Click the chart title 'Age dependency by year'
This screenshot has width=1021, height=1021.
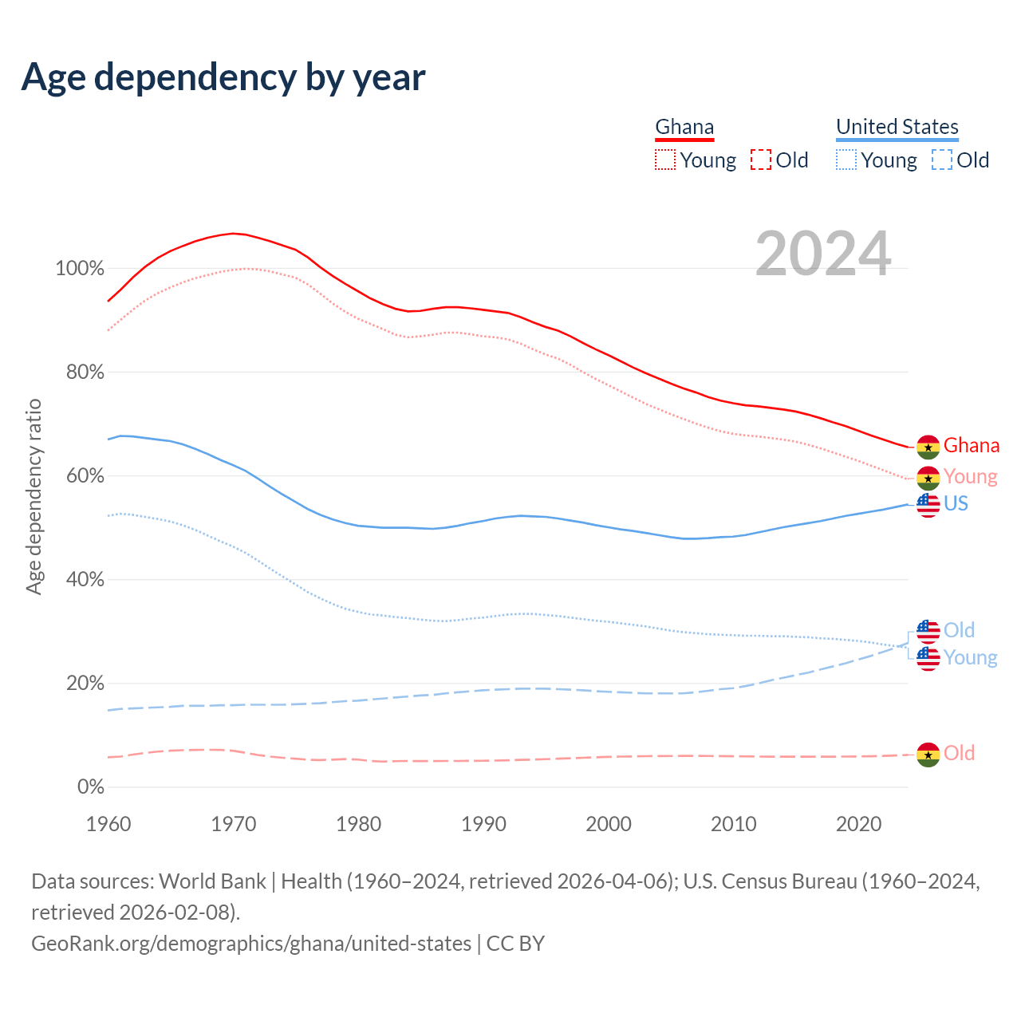(x=223, y=77)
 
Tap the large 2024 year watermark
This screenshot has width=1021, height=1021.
(x=823, y=254)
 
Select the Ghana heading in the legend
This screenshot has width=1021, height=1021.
(x=684, y=127)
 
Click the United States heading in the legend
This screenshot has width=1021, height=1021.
(x=897, y=127)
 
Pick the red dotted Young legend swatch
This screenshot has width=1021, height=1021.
(x=664, y=160)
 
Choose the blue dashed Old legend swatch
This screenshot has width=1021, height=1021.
(x=941, y=160)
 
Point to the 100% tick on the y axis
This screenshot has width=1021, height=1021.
(x=80, y=269)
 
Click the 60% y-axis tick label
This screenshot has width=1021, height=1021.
(x=80, y=476)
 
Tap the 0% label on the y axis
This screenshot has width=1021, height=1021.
(x=91, y=787)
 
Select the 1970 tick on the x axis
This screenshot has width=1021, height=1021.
(x=234, y=824)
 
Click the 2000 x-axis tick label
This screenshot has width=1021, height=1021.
(x=609, y=824)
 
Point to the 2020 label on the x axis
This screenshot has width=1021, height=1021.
(x=858, y=824)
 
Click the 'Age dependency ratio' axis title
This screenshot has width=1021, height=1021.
(x=34, y=496)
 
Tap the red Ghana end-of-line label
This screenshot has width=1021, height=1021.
(x=971, y=445)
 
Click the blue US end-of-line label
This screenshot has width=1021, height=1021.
(x=956, y=503)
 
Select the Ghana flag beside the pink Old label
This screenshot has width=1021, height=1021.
(x=928, y=754)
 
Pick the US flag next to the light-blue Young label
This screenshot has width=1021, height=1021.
(x=928, y=658)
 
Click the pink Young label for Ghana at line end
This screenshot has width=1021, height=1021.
(x=970, y=476)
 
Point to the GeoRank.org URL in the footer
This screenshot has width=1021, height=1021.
(x=251, y=944)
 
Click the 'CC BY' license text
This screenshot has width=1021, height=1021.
(x=515, y=944)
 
